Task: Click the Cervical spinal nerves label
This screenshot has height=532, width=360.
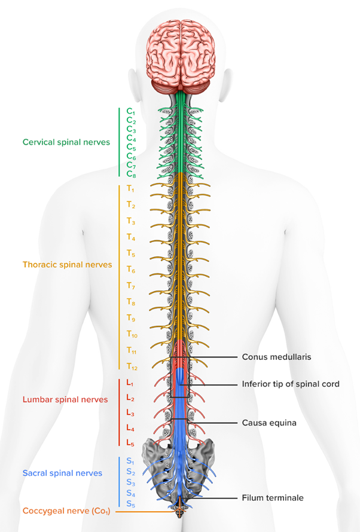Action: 66,142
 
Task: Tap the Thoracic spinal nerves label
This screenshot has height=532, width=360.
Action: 67,264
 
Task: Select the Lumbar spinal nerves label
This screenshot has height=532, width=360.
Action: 65,399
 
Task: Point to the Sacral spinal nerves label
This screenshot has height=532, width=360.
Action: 62,473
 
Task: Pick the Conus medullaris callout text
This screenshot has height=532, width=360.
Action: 276,357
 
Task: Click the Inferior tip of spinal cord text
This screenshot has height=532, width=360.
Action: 291,384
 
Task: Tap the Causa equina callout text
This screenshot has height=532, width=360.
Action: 269,423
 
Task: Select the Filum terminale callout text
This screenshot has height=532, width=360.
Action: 272,497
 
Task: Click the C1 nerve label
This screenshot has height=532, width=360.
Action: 131,112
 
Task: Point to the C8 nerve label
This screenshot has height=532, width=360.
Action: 131,174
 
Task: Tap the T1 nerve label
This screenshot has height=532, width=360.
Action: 131,189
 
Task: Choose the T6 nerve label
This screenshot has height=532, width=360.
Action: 131,270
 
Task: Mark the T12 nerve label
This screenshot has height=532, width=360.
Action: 132,366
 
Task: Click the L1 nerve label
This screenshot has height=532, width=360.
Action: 130,383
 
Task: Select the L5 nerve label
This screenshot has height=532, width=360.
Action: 130,443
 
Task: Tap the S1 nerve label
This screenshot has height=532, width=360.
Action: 130,461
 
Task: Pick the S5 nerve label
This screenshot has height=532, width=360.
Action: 130,504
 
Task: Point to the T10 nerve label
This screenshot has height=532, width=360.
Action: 132,334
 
